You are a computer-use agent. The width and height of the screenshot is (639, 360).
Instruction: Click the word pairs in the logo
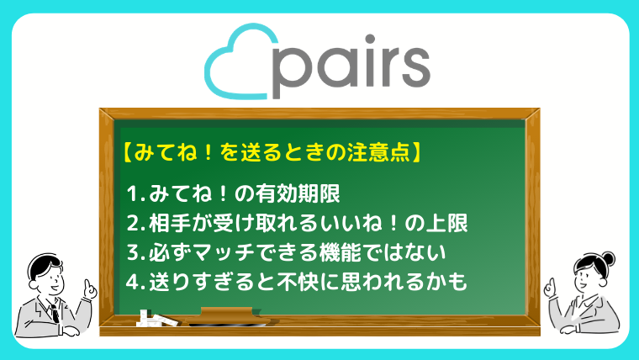tap(351, 66)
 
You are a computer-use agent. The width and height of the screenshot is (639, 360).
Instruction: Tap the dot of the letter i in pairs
tap(370, 40)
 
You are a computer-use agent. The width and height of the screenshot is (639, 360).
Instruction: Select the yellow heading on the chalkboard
tap(272, 152)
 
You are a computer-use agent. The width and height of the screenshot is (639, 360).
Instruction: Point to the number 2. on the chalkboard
tap(135, 224)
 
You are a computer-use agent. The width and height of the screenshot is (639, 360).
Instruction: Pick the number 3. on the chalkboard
tap(135, 253)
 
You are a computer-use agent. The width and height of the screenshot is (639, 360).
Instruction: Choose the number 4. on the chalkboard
tap(135, 282)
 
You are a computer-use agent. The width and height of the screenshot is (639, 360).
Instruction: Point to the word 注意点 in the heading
tap(378, 152)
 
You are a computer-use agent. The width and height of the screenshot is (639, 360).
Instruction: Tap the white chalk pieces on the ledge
tap(157, 320)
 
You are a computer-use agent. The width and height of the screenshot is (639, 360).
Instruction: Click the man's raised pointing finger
tap(87, 283)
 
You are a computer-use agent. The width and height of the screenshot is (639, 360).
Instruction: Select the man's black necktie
tap(54, 313)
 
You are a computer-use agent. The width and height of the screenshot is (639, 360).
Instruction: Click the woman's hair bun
tap(610, 258)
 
